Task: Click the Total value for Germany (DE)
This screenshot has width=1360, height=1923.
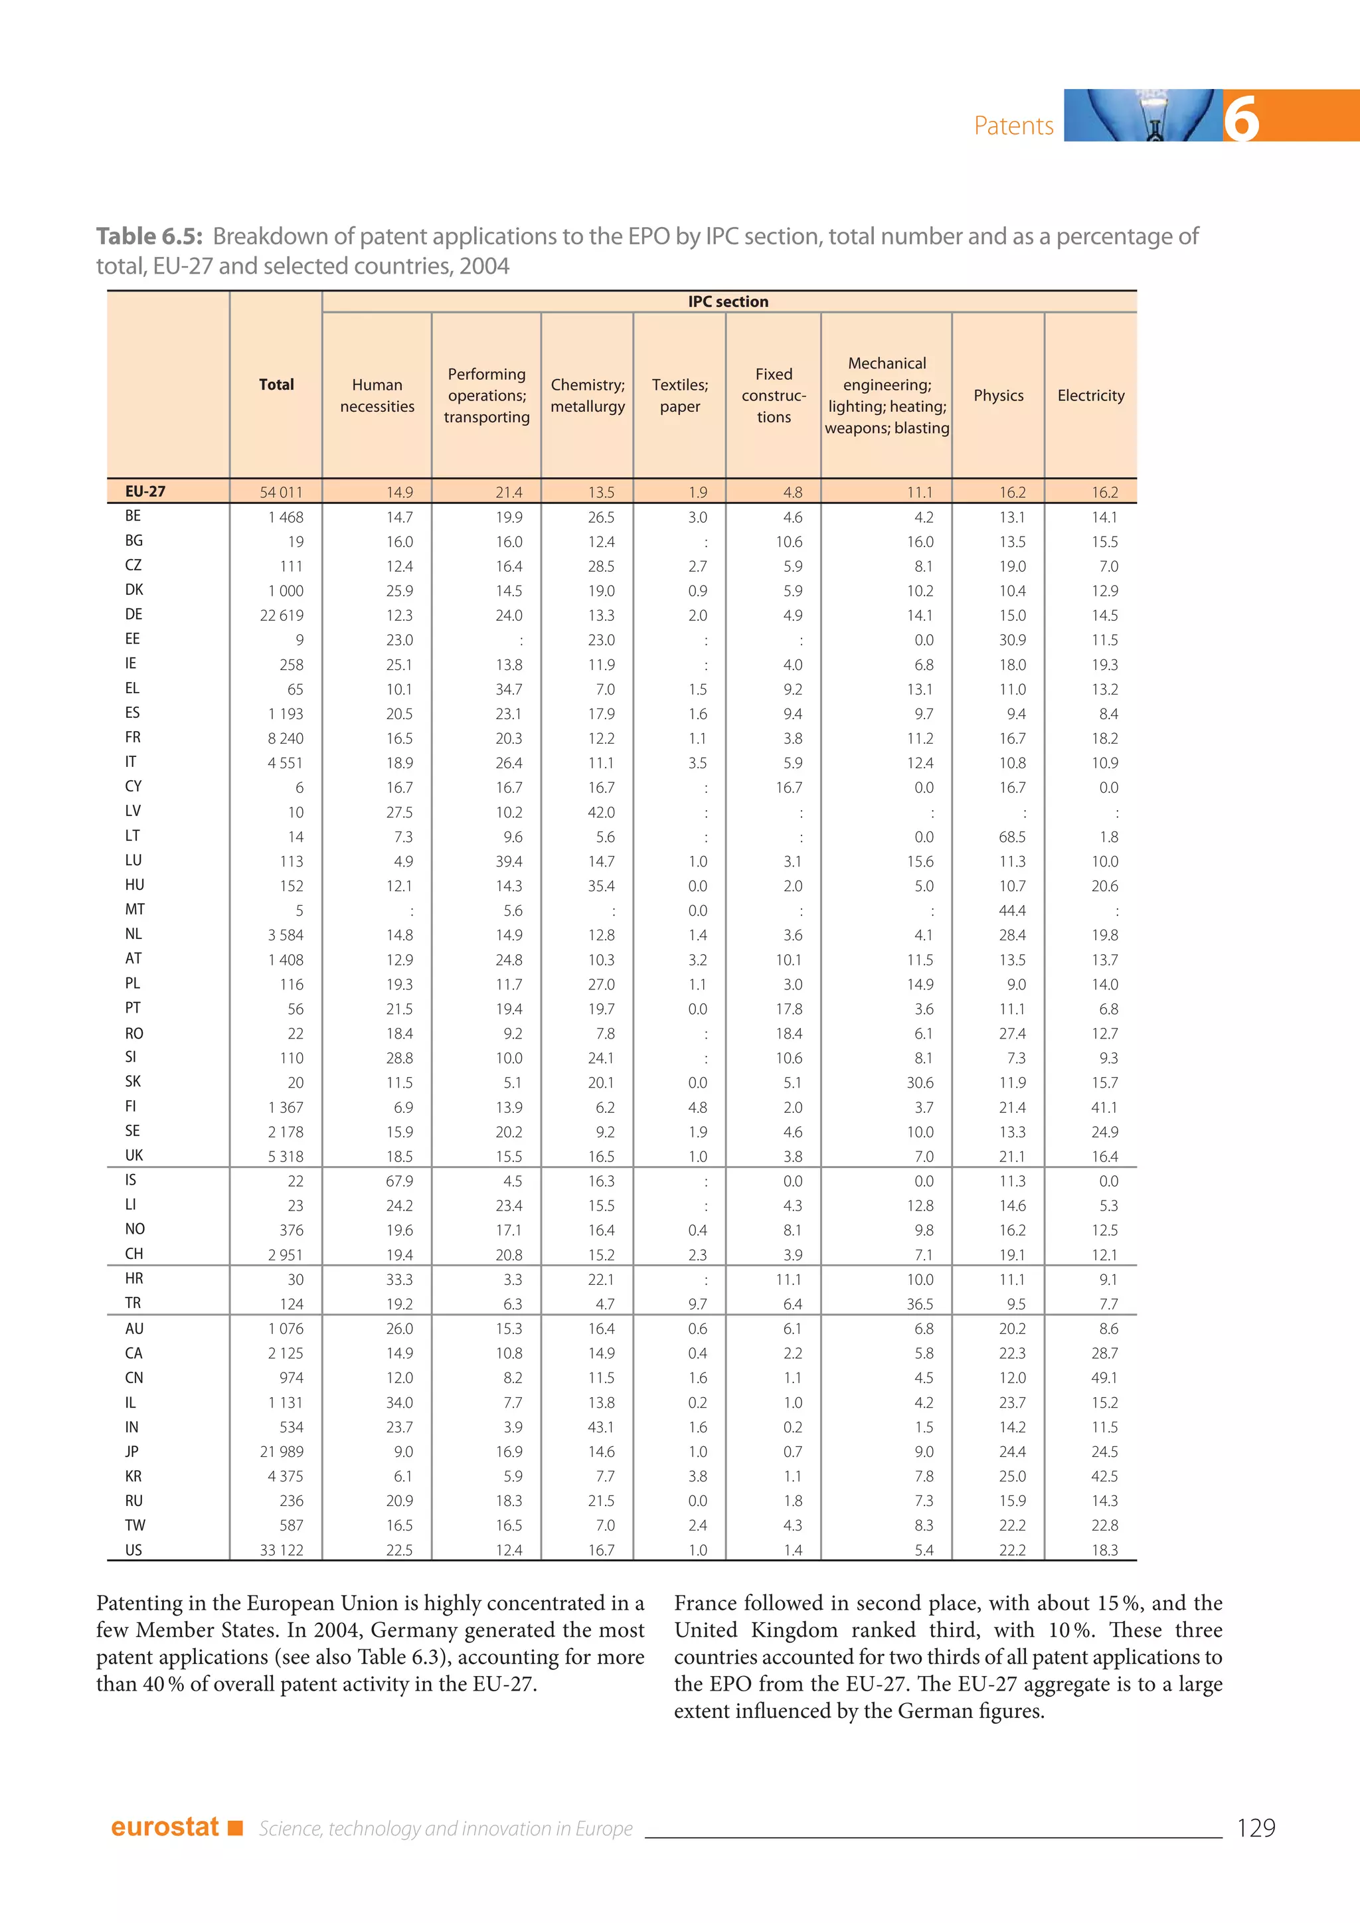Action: coord(282,616)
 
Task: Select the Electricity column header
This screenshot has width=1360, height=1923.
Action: coord(1090,395)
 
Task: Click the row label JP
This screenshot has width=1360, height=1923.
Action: coord(132,1452)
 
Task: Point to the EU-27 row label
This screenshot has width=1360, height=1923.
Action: coord(145,491)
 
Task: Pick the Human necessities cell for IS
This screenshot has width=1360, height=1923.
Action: coord(400,1181)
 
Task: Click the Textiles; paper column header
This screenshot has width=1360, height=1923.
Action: coord(679,395)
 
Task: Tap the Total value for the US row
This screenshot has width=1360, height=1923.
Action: coord(282,1550)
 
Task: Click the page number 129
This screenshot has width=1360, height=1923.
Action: coord(1255,1827)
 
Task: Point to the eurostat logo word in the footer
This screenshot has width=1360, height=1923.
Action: coord(165,1827)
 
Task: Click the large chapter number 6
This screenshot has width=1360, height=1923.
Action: coord(1241,118)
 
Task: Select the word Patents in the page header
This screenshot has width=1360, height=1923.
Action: coord(1013,125)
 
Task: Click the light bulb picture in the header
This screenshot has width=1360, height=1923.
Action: coord(1143,116)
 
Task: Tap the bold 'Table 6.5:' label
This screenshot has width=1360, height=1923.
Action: coord(149,236)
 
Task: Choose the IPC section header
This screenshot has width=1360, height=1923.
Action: coord(728,301)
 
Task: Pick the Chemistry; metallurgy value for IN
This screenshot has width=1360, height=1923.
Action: coord(600,1427)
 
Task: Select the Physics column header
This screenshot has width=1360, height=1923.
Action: coord(998,395)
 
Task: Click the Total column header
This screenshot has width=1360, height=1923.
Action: coord(276,384)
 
